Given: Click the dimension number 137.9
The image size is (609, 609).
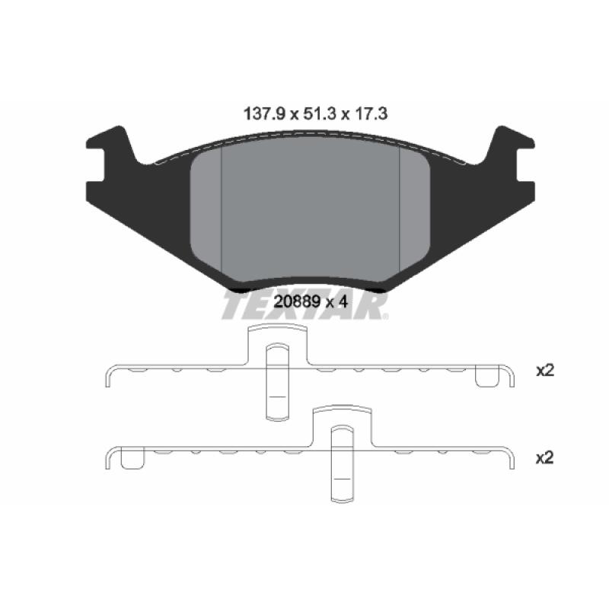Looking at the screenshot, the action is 264,114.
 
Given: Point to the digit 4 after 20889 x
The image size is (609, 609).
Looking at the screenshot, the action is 343,301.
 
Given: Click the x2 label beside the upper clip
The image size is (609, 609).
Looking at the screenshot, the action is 545,371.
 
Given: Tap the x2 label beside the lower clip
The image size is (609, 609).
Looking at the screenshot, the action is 544,458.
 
